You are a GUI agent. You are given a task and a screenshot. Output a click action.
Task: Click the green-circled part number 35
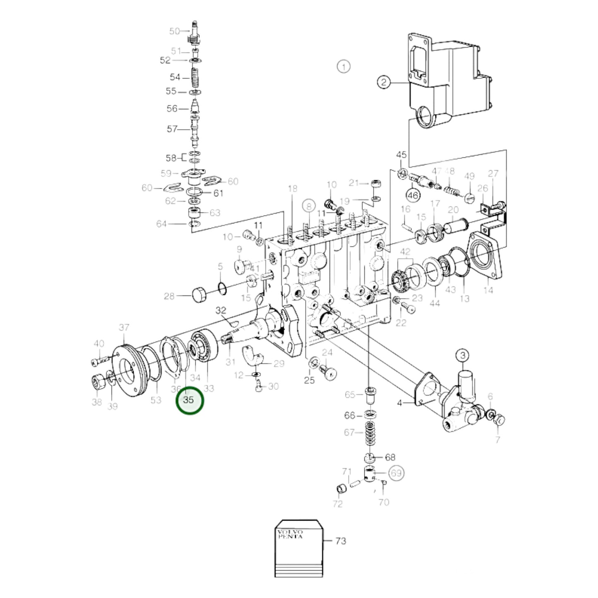(x=189, y=400)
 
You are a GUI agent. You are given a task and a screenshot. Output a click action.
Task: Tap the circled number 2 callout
(x=384, y=82)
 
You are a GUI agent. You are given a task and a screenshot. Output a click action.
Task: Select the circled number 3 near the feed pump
(x=463, y=355)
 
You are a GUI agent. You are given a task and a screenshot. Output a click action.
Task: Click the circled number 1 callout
(x=343, y=66)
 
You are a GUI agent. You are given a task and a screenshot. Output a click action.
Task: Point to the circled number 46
(x=413, y=195)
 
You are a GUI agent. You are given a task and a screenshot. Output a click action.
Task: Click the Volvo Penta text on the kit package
(x=290, y=534)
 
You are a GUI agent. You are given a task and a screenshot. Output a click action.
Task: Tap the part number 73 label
(x=341, y=541)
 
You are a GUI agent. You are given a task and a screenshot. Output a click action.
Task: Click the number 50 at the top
(x=174, y=31)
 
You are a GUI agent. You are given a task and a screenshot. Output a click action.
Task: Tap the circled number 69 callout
(x=396, y=473)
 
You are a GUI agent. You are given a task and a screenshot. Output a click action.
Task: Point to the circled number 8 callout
(x=309, y=206)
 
